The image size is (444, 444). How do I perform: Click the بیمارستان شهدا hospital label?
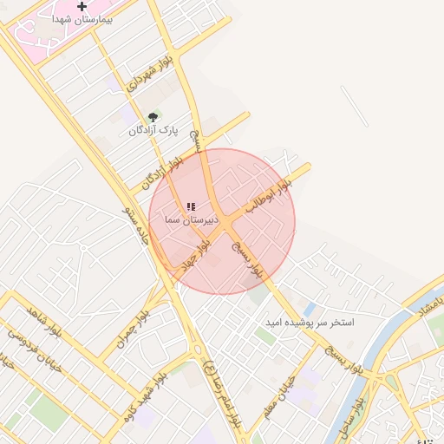click(x=82, y=18)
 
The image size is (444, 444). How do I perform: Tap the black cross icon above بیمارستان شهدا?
click(x=82, y=6)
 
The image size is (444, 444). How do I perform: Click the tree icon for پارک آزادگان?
click(x=153, y=117)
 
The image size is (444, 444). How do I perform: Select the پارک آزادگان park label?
click(x=153, y=130)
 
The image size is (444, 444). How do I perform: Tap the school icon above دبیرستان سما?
click(x=191, y=206)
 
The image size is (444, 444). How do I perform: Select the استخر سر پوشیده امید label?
click(x=311, y=323)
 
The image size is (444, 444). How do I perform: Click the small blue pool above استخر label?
click(x=309, y=309)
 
